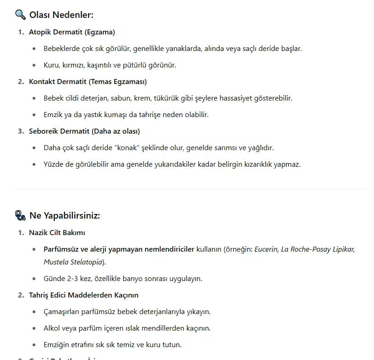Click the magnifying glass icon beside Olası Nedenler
point(20,15)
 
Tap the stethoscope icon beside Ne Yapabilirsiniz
point(20,215)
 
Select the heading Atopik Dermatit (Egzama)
point(72,32)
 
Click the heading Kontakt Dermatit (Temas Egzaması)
point(88,82)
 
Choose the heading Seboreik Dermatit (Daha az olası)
point(84,131)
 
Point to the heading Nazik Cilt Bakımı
point(57,233)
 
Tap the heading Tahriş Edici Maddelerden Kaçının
point(84,295)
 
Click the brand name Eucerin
point(266,249)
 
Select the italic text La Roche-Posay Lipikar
point(318,249)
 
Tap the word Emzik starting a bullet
point(53,115)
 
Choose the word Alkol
point(52,328)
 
